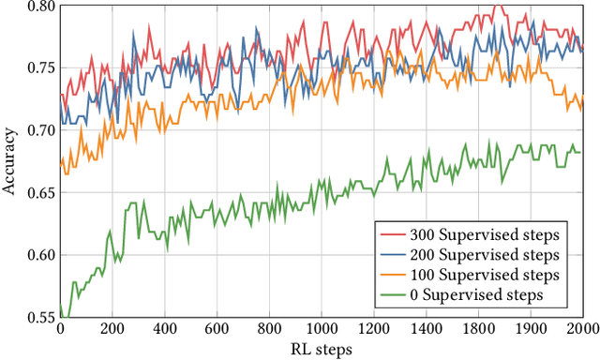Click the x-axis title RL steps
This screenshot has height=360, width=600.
click(x=320, y=351)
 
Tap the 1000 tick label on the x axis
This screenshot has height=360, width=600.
click(x=322, y=331)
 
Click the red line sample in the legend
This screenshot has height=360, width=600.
click(x=394, y=232)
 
